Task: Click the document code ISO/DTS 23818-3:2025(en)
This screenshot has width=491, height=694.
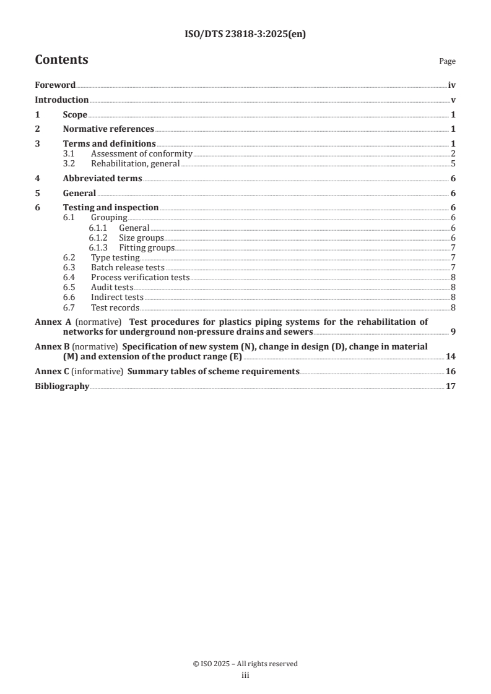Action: coord(245,35)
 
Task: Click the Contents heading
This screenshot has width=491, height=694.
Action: coord(61,60)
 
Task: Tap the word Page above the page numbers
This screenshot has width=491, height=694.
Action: coord(447,61)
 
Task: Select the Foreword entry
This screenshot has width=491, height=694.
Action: coord(55,85)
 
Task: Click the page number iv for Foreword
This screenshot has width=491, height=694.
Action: coord(452,85)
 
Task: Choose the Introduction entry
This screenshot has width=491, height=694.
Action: coord(61,100)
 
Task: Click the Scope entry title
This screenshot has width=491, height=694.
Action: coord(75,114)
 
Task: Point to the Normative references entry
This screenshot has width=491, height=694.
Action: coord(108,129)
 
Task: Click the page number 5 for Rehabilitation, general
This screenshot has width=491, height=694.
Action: coord(453,164)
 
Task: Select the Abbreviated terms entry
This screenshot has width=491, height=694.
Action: coord(102,179)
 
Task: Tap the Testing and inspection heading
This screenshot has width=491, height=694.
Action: coord(111,208)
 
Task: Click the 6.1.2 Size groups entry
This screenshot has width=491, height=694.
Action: coord(141,238)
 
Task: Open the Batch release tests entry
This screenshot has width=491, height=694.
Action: coord(128,267)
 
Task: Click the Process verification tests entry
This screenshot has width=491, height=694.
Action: coord(140,277)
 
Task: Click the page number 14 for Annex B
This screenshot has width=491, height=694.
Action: coord(451,358)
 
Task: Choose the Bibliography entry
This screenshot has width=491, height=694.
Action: coord(62,387)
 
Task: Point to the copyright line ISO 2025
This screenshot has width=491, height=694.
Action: coord(245,664)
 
